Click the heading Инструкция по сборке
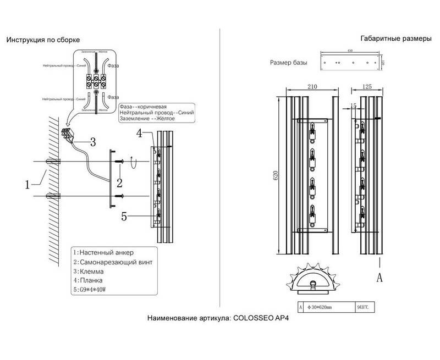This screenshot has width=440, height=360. coord(43,40)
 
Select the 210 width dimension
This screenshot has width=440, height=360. coord(311,86)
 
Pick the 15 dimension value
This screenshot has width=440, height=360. coord(353,105)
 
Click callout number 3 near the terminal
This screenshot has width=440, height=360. coord(92,142)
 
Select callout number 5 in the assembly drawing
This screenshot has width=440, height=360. coord(124,217)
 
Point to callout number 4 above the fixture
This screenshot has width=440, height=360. coord(140,133)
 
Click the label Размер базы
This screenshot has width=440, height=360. coord(288,63)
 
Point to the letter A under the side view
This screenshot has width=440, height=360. coord(379,278)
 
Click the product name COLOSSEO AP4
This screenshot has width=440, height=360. coord(265,319)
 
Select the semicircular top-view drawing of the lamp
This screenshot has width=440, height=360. coord(312,280)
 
